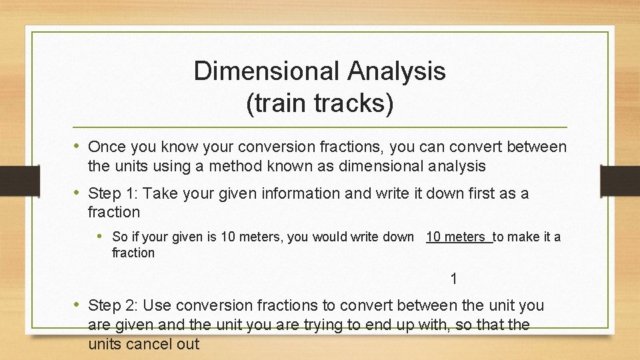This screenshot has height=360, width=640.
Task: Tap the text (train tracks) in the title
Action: click(320, 103)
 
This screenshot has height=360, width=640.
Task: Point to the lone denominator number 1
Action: click(454, 279)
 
